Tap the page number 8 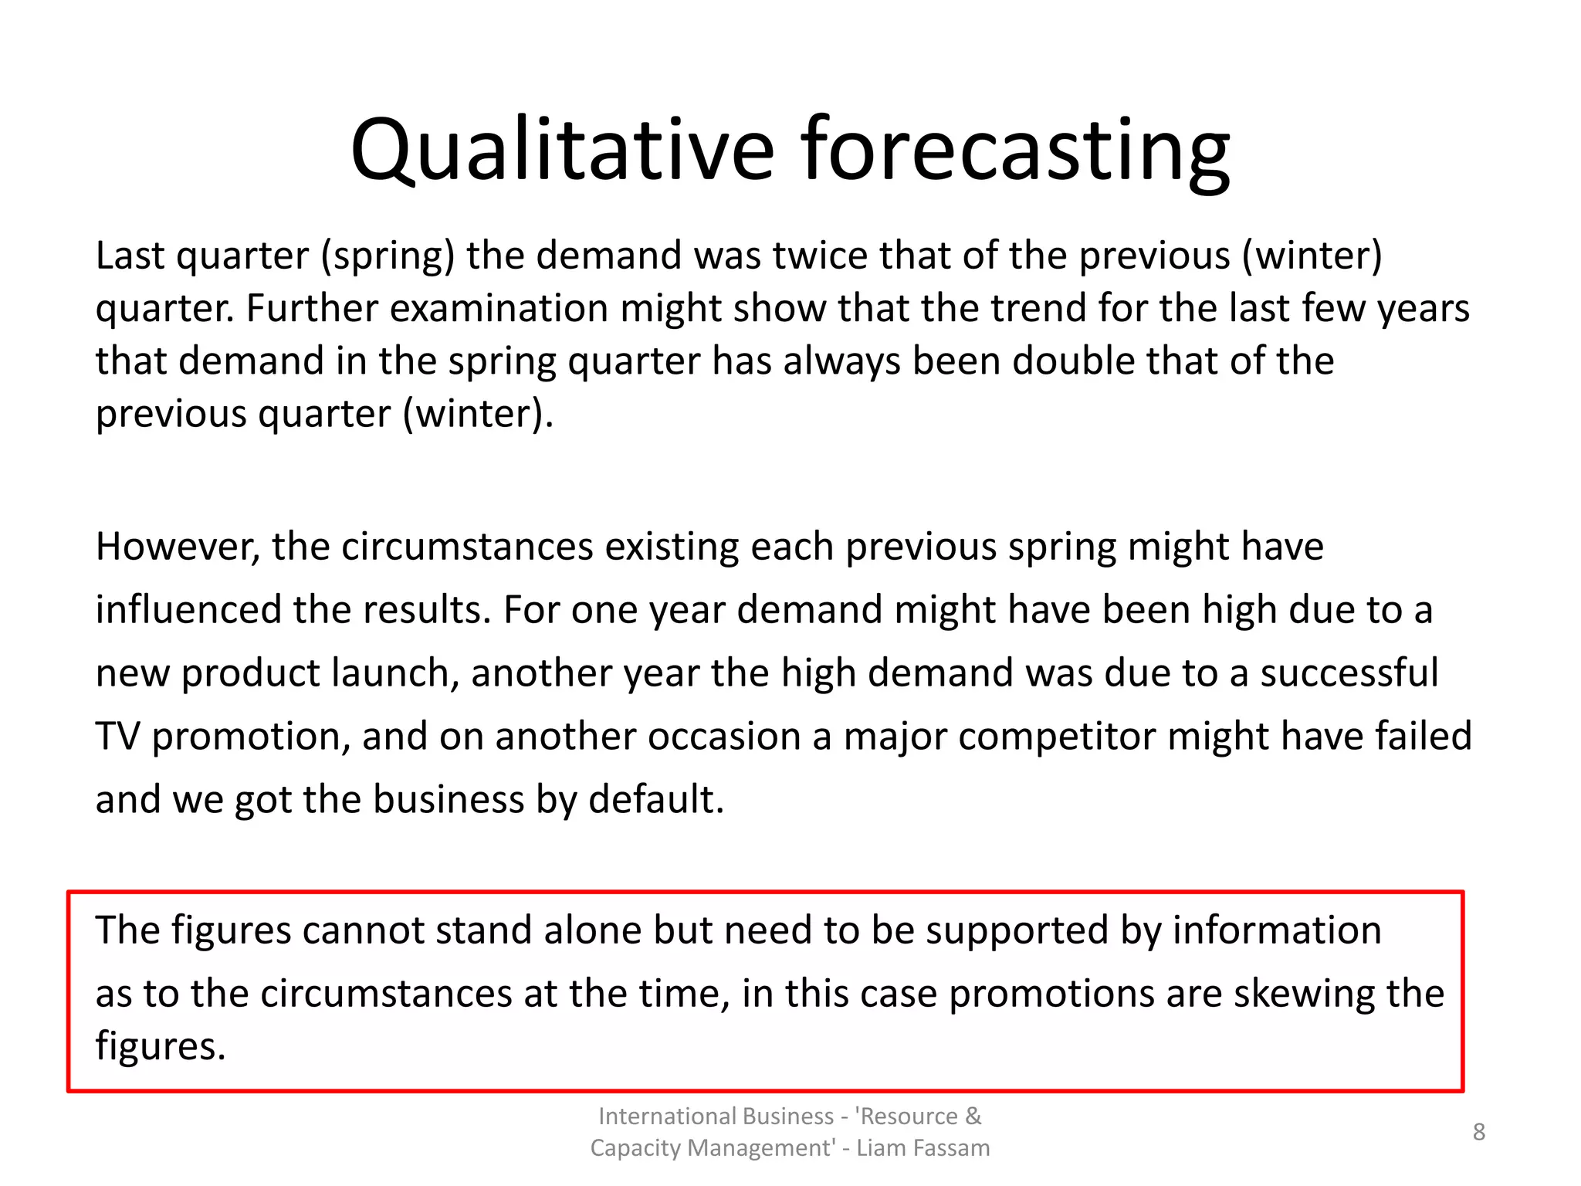point(1478,1132)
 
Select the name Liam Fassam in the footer point(923,1148)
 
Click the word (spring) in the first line point(388,256)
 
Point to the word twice point(820,255)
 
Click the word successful point(1349,673)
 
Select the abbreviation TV point(117,737)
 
